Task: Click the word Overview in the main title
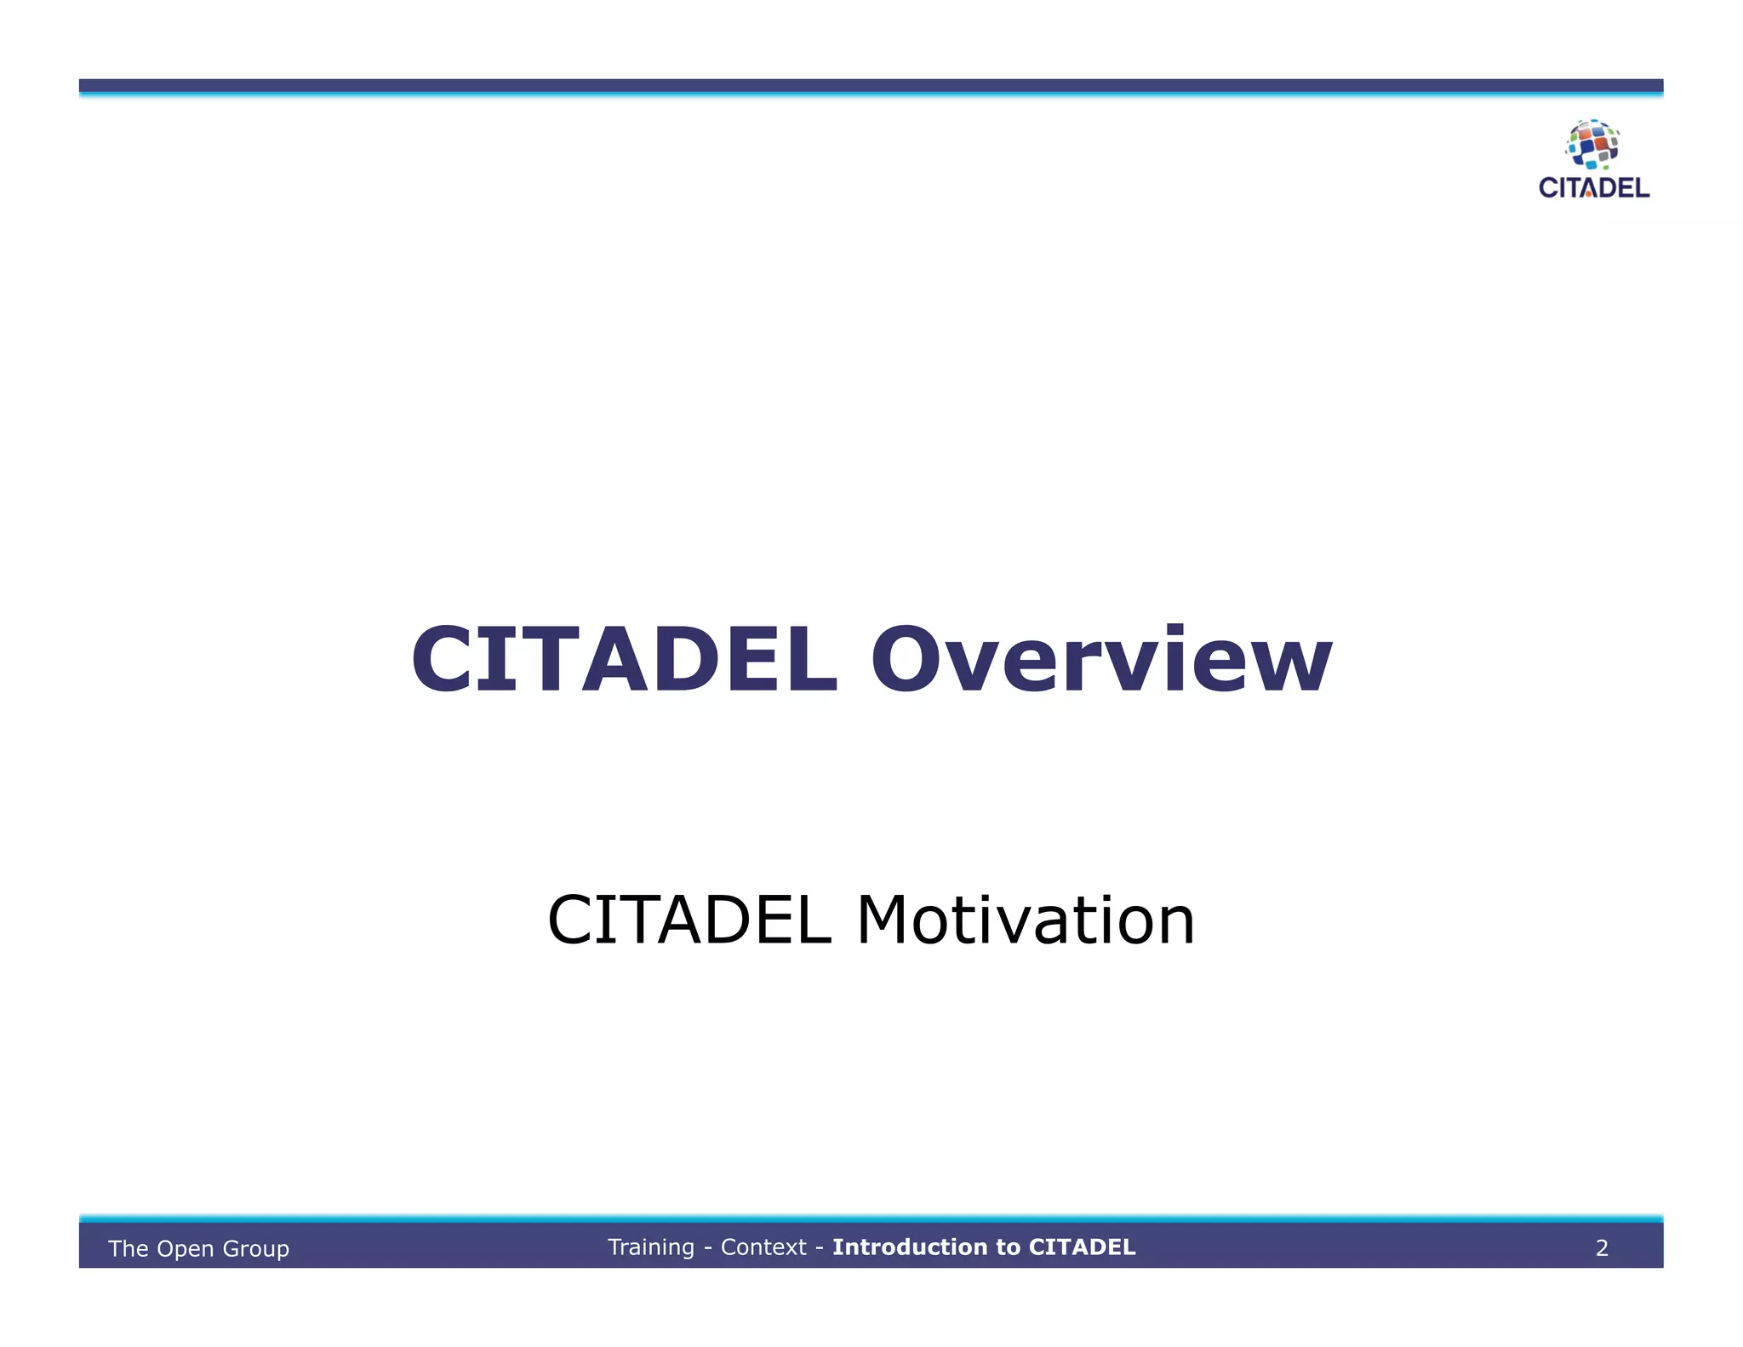tap(1101, 660)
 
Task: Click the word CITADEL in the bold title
tap(625, 660)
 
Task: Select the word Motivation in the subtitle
tap(1026, 920)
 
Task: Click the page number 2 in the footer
tap(1602, 1248)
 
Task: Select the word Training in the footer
tap(651, 1247)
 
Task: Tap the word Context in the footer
tap(763, 1247)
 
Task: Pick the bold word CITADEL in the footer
tap(1082, 1247)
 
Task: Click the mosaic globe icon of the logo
tap(1592, 144)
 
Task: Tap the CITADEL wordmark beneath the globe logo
tap(1594, 188)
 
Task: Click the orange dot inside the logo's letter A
tap(1589, 194)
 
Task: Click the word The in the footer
tap(129, 1249)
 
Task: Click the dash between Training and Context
tap(707, 1248)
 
